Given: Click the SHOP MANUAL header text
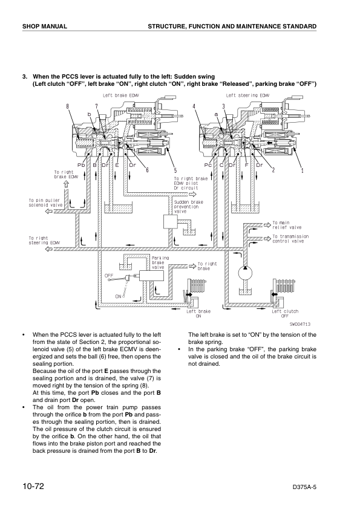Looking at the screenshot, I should pyautogui.click(x=44, y=27).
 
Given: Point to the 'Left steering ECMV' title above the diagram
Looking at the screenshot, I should pyautogui.click(x=248, y=95).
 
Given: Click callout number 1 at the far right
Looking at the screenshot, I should pyautogui.click(x=301, y=169).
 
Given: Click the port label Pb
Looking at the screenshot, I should pyautogui.click(x=80, y=164).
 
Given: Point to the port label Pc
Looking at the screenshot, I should pyautogui.click(x=208, y=164).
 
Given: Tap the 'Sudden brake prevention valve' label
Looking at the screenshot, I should pyautogui.click(x=188, y=207).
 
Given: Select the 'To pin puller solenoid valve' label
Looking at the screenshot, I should pyautogui.click(x=46, y=203).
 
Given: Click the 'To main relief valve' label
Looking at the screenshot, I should pyautogui.click(x=287, y=225).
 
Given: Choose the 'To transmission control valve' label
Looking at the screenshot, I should pyautogui.click(x=290, y=239).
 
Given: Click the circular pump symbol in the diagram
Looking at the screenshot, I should pyautogui.click(x=247, y=273).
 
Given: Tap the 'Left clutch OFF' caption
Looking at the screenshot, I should pyautogui.click(x=285, y=313).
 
